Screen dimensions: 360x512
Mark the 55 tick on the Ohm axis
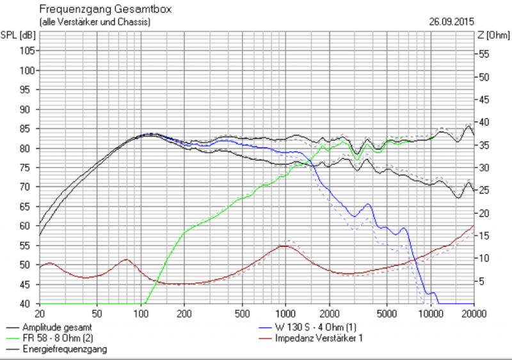click(485, 55)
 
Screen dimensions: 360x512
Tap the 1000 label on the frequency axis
click(285, 314)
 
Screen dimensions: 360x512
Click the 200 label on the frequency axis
click(184, 314)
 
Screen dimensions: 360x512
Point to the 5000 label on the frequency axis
click(386, 314)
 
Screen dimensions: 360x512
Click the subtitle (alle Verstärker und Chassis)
click(95, 22)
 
